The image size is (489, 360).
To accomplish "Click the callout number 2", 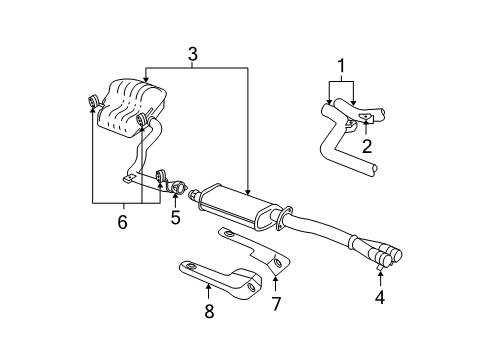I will pyautogui.click(x=367, y=145).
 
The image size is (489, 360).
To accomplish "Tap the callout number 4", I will pyautogui.click(x=380, y=297).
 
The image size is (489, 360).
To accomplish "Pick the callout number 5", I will pyautogui.click(x=175, y=215).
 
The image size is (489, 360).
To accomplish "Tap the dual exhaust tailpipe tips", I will pyautogui.click(x=385, y=257).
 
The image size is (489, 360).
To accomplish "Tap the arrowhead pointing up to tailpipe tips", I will pyautogui.click(x=380, y=273).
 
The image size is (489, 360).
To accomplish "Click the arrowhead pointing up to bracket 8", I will pyautogui.click(x=208, y=288).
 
